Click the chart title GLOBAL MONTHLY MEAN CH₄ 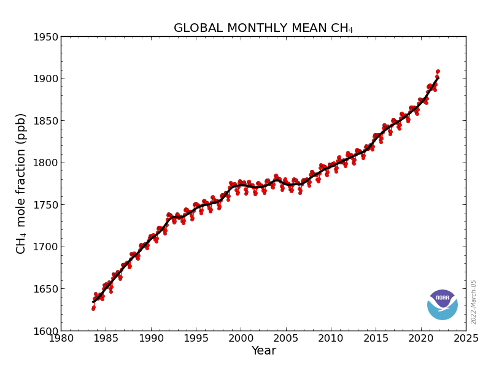pos(263,29)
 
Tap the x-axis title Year pos(263,351)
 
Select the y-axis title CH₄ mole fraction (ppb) pos(21,183)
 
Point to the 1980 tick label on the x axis pos(61,338)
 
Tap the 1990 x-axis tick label pos(151,338)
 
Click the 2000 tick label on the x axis pos(241,338)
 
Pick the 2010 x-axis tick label pos(331,338)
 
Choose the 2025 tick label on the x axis pos(466,338)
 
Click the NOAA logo pos(443,304)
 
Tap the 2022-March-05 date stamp pos(474,302)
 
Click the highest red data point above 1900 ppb pos(438,72)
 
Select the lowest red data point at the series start pos(93,309)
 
